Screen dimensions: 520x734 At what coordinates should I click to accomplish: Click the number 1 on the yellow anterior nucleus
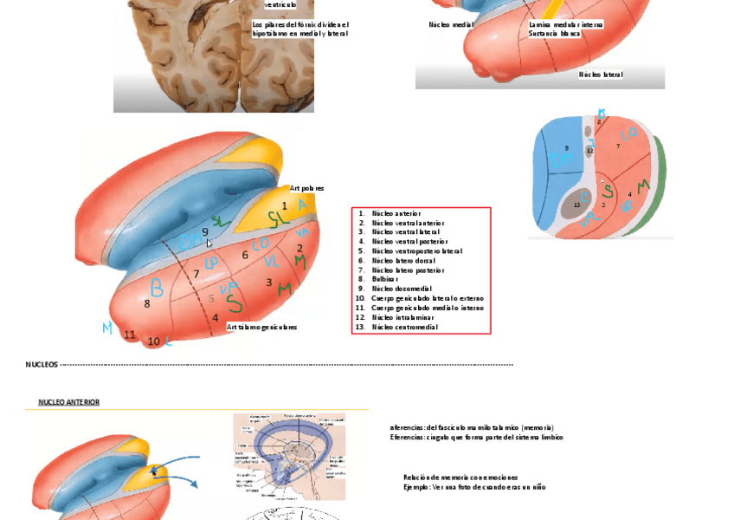[284, 205]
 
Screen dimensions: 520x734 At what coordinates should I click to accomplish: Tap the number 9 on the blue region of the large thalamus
[205, 231]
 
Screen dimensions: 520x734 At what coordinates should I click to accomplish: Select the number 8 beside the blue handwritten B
[147, 303]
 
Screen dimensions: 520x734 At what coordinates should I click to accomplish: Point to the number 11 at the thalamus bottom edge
[130, 335]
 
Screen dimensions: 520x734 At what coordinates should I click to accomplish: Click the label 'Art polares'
[306, 188]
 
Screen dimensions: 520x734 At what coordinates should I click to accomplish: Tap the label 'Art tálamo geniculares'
[261, 328]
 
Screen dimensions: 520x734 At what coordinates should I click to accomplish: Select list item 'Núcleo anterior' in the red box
[396, 213]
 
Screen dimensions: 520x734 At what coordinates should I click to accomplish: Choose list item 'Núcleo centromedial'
[404, 327]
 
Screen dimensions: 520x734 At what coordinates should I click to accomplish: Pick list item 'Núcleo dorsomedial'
[401, 289]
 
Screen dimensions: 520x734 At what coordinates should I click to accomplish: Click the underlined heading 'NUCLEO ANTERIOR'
[68, 402]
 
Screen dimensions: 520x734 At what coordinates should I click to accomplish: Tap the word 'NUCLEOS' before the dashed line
[42, 365]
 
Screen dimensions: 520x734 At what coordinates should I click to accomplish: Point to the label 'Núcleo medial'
[451, 25]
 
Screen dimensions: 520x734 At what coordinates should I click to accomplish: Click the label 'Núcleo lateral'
[601, 75]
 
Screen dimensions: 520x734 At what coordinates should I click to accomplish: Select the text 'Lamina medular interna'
[565, 25]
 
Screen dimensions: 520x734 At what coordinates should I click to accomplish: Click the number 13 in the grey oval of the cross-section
[577, 205]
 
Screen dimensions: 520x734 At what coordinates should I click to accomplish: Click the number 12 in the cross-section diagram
[590, 151]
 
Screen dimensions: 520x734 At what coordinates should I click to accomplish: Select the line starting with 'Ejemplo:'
[474, 487]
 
